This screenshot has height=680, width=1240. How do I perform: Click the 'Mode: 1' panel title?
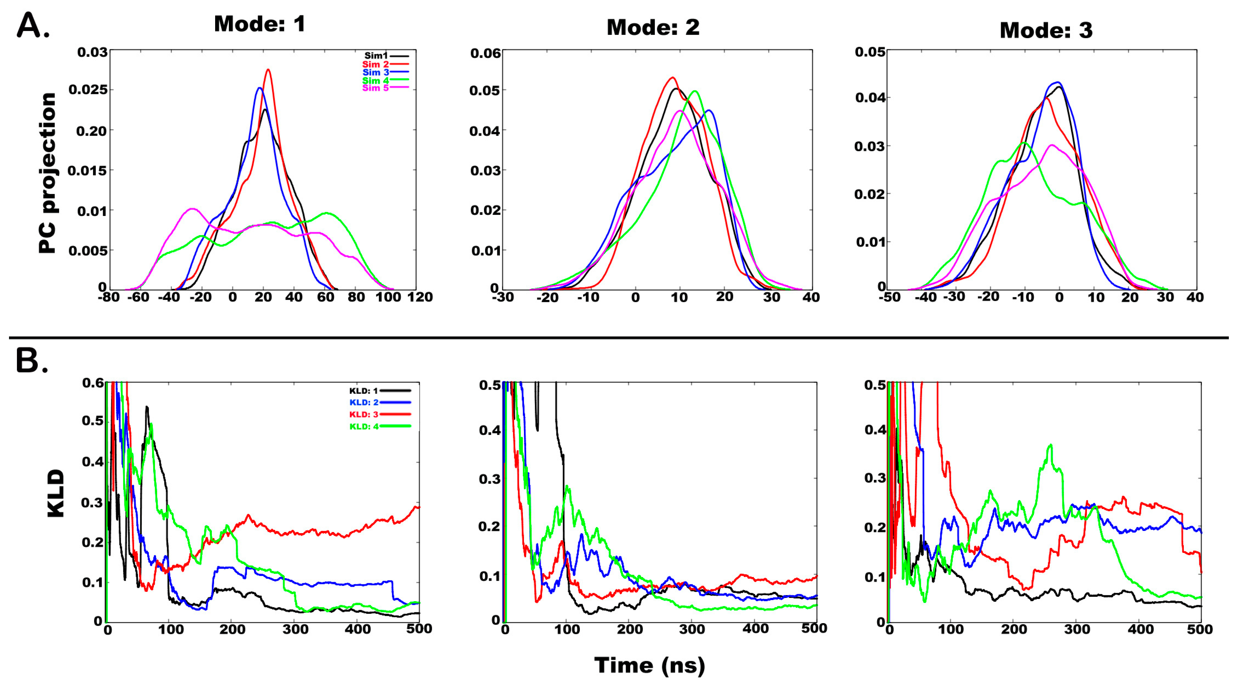pos(259,24)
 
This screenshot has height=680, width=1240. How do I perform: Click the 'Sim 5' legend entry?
pos(375,88)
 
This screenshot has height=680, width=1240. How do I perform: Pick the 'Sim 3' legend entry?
pos(375,72)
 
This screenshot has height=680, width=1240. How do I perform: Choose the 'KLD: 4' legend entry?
pos(364,427)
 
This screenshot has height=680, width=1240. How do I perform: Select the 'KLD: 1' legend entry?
pos(364,391)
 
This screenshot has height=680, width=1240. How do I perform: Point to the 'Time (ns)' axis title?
pos(649,665)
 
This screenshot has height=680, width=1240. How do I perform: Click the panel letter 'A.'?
pos(33,26)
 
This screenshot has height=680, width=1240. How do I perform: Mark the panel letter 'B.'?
pos(32,361)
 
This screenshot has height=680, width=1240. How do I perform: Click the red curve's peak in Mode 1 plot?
pos(268,70)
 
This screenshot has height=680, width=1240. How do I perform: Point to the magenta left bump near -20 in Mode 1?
pos(192,209)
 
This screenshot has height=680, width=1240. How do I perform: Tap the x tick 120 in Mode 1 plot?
pos(420,297)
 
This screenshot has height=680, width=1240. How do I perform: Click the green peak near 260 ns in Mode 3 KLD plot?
pos(1050,445)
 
